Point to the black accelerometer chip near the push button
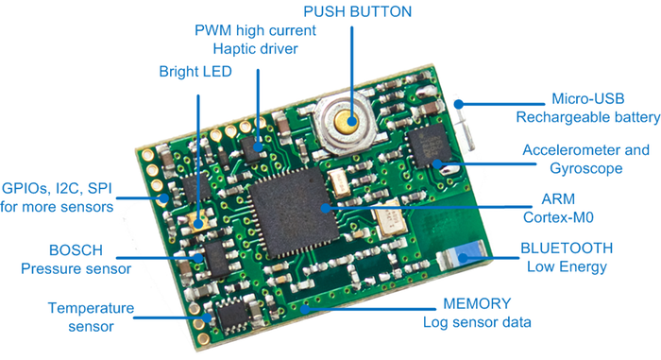pyautogui.click(x=425, y=151)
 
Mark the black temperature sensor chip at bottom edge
pyautogui.click(x=229, y=316)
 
